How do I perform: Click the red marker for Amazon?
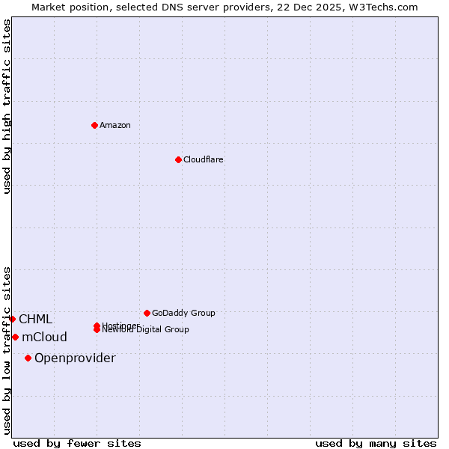[94, 125]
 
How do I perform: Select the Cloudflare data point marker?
[178, 159]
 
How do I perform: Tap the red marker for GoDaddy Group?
[147, 313]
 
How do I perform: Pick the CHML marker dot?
[12, 319]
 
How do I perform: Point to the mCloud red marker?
[15, 337]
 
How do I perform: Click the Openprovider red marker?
[28, 358]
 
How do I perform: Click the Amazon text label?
[115, 125]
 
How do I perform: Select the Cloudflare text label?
[203, 159]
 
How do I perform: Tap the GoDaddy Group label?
[183, 313]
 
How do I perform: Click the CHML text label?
[35, 320]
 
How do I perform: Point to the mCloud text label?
[44, 337]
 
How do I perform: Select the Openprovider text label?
[75, 358]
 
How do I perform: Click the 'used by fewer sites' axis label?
[77, 443]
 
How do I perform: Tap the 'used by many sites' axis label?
[376, 443]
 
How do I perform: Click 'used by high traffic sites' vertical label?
[7, 106]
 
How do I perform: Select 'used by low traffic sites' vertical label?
[7, 349]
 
